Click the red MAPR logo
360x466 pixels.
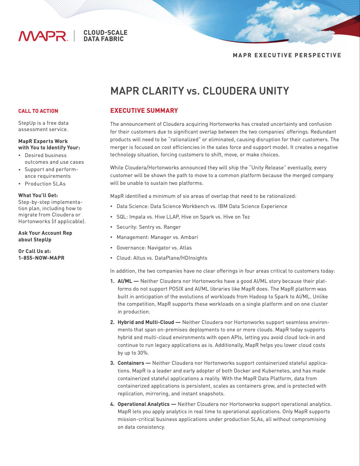point(43,36)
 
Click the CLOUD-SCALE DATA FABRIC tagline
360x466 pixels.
point(105,36)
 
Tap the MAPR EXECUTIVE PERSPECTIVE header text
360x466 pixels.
point(287,55)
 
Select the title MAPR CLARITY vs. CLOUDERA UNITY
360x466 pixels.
point(199,91)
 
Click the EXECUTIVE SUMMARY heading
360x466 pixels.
point(144,111)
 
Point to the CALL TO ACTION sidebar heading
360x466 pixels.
point(38,111)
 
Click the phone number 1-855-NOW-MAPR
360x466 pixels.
point(41,258)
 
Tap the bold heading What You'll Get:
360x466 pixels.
point(38,195)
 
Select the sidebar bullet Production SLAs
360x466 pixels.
point(45,184)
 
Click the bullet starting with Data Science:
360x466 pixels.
point(202,206)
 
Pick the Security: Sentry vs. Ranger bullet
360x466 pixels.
point(148,227)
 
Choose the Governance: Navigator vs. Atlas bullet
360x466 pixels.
point(154,248)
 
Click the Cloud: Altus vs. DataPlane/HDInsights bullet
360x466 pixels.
point(162,258)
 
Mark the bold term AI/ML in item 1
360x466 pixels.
point(125,281)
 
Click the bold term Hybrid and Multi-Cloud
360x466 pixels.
point(146,322)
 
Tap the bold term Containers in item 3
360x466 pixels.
point(131,363)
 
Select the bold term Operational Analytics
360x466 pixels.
point(143,404)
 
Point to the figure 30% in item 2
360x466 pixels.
point(143,353)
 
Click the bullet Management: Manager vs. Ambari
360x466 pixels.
point(157,237)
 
